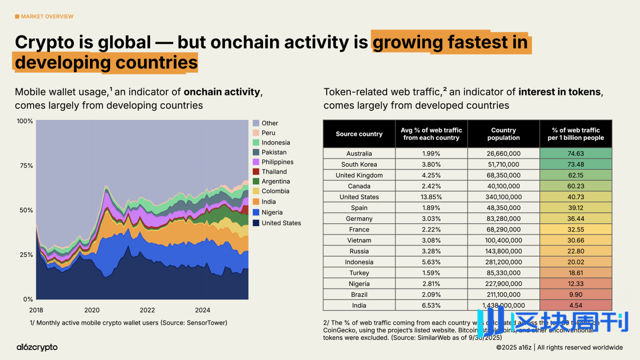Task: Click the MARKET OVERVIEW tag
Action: (44, 16)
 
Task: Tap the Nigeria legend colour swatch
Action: (256, 212)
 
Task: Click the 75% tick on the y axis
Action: (26, 166)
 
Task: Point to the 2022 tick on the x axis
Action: (147, 310)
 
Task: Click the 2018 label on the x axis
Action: (36, 310)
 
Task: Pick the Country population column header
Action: (503, 134)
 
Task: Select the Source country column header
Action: (359, 134)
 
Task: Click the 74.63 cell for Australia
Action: (576, 153)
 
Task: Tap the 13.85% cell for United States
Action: (431, 197)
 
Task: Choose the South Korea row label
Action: (359, 164)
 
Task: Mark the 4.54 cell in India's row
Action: (576, 306)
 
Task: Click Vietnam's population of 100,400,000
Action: (503, 240)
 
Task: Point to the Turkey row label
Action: (359, 273)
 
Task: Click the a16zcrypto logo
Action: (37, 347)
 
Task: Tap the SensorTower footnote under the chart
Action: (128, 323)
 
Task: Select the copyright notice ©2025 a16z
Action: (513, 347)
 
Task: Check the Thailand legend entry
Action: (274, 171)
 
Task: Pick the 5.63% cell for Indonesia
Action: (431, 262)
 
